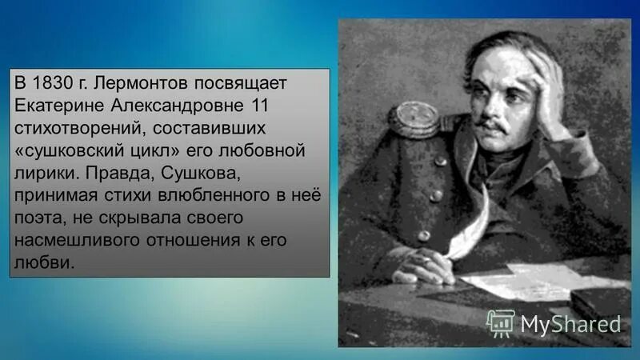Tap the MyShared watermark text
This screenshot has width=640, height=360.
coord(570,323)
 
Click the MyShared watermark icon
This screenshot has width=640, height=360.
coord(501,322)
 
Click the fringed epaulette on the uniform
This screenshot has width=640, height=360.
coord(414,120)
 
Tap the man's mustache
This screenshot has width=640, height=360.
coord(493,126)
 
